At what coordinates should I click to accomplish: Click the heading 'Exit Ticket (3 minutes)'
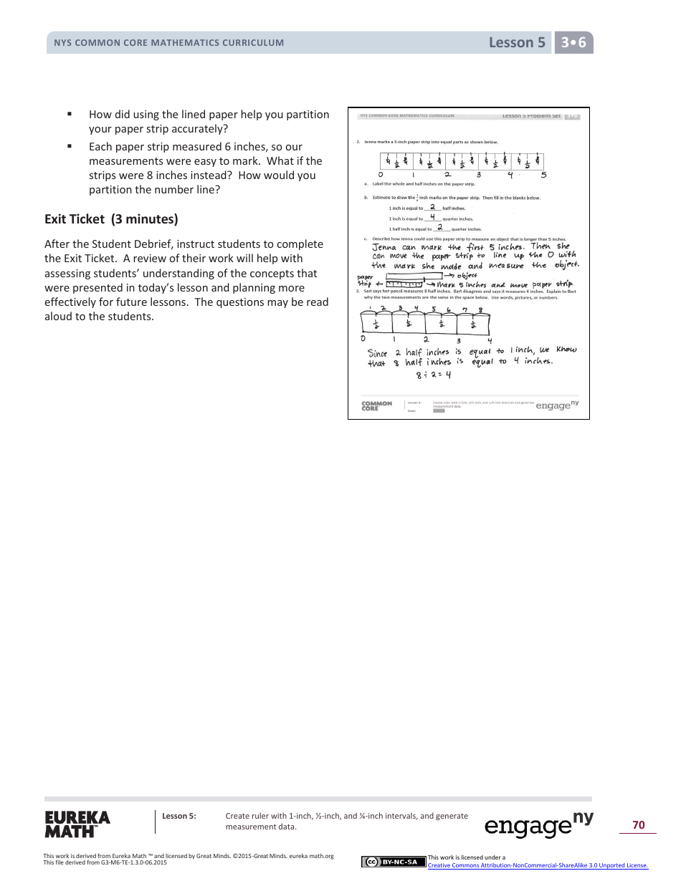click(111, 219)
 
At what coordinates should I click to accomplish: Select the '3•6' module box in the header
click(573, 43)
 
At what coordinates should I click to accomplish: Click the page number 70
click(638, 825)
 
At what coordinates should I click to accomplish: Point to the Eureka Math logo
click(77, 824)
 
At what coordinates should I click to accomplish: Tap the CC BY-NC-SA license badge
click(394, 862)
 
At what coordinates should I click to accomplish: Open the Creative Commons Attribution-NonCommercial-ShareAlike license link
click(538, 865)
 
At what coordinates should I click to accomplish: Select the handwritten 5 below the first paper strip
click(543, 175)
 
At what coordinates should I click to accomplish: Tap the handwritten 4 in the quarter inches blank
click(432, 217)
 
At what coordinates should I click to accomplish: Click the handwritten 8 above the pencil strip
click(480, 310)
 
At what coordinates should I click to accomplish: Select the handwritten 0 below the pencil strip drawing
click(363, 339)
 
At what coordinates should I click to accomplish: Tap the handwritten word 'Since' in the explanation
click(377, 353)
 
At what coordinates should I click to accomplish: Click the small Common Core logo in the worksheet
click(376, 405)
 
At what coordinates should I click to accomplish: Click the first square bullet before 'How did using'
click(70, 114)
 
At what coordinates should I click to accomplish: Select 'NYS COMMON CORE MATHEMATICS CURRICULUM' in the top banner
click(169, 43)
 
